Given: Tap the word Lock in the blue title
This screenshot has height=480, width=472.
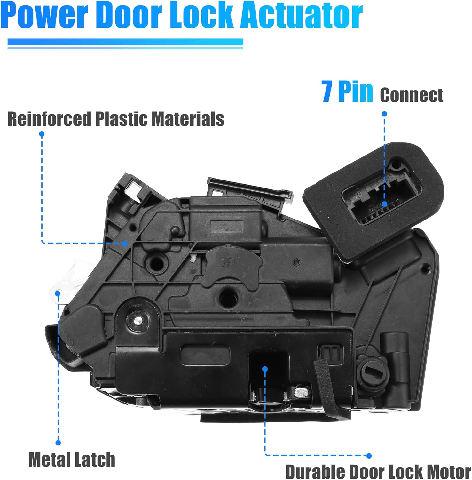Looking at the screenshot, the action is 201,15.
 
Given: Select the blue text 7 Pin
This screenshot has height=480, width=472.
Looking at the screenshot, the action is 347,92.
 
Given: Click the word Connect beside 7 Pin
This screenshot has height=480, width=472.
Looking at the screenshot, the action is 412,95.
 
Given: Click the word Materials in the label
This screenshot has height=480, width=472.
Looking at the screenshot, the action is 187,119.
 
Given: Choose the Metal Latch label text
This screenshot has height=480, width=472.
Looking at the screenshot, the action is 72,460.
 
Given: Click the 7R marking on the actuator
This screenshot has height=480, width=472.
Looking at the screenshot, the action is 227,263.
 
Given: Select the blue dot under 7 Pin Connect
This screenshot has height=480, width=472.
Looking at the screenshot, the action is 384,114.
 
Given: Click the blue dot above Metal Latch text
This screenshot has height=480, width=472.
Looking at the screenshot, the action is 58,443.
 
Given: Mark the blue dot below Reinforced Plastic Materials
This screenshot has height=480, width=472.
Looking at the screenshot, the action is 42,134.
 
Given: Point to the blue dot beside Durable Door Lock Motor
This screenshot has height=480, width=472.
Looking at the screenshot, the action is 369,456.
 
